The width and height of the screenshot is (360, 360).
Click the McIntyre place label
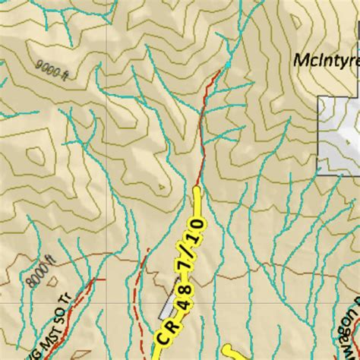point(325,58)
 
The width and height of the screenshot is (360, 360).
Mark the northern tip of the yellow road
point(198,190)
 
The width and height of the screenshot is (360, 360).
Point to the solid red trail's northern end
point(225,68)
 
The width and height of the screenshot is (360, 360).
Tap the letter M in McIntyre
point(299,58)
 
